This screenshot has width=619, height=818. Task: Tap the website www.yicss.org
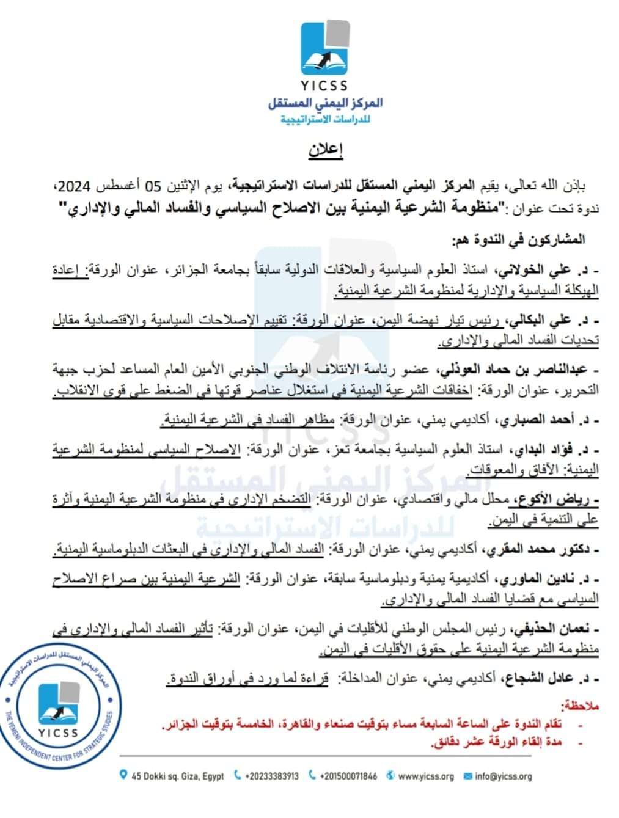point(425,776)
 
